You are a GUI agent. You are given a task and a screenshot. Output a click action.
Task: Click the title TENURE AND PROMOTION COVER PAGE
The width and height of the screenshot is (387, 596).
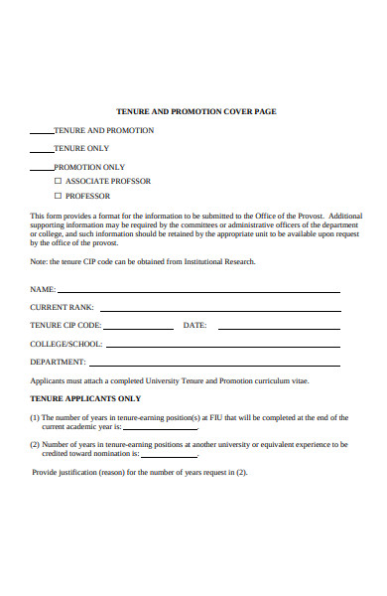196,111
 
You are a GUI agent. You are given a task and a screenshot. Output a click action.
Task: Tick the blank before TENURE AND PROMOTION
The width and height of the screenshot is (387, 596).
41,132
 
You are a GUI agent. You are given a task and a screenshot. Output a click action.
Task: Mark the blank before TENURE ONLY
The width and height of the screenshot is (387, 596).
41,150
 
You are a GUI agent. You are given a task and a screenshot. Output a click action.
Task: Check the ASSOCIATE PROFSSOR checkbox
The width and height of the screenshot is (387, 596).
58,182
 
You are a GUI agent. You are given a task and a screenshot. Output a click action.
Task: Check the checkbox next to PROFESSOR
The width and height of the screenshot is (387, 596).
58,196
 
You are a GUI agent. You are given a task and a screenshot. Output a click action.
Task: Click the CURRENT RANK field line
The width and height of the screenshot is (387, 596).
218,309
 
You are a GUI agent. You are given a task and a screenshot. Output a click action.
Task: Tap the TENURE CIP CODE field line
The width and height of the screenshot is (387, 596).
138,327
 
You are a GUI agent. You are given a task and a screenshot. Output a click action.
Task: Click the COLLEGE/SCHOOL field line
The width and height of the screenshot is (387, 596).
222,345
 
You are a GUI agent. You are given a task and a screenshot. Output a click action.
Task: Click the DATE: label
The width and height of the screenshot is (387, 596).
194,325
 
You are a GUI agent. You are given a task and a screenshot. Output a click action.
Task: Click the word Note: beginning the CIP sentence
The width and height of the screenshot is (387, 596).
40,261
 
